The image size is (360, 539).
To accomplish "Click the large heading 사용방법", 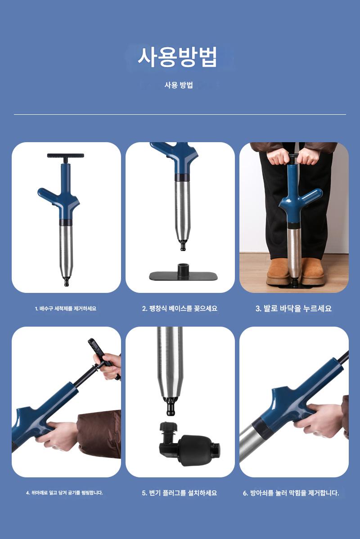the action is tap(177, 57).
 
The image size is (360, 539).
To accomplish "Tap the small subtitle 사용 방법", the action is tap(179, 85).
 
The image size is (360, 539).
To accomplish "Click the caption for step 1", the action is tap(66, 309).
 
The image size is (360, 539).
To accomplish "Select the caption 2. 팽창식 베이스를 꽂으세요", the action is tap(180, 308).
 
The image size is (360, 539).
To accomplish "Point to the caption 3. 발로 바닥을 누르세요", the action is tap(294, 308).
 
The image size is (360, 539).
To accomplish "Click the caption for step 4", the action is tap(65, 493).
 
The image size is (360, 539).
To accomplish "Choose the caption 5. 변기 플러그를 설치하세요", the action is tap(180, 493).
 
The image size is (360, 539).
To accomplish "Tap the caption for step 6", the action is tap(291, 493).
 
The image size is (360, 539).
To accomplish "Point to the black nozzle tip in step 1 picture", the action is tap(66, 281).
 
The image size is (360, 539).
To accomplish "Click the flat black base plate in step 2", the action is tap(183, 274).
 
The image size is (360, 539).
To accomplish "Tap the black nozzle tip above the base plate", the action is tap(183, 245).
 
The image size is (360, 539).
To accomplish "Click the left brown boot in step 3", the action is tap(279, 272).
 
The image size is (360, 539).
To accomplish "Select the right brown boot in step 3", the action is tap(313, 272).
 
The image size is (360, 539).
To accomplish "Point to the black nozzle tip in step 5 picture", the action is tap(171, 406).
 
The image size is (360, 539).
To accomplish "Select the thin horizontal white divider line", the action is tap(180, 114).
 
